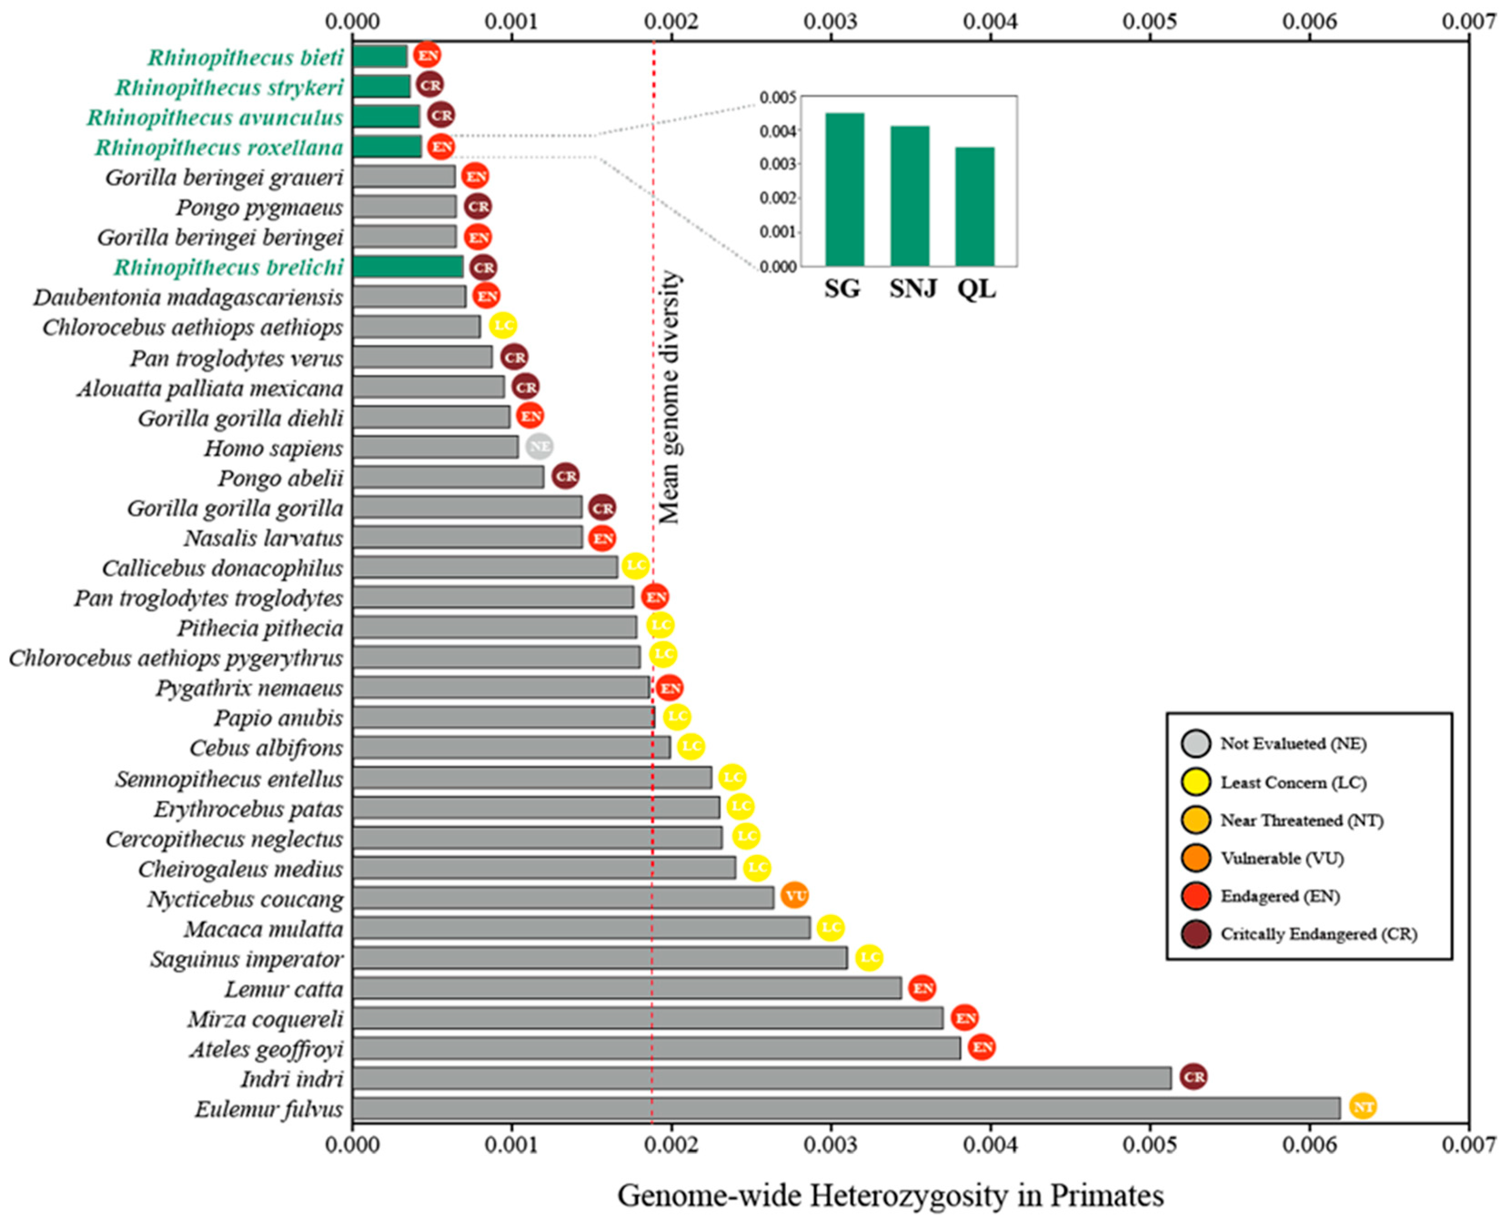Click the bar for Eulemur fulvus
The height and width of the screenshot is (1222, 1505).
(844, 1108)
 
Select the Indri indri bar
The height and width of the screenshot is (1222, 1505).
(760, 1078)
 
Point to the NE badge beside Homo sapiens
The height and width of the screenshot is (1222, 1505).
(540, 446)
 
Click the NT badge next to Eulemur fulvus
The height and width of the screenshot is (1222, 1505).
(1363, 1106)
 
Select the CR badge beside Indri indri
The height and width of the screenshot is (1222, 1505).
(1193, 1076)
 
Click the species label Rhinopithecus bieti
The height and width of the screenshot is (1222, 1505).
(245, 58)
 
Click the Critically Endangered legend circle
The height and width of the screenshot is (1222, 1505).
(1196, 934)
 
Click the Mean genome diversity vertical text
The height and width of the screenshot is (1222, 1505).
(669, 398)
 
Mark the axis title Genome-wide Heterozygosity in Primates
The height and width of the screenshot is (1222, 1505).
(890, 1195)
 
